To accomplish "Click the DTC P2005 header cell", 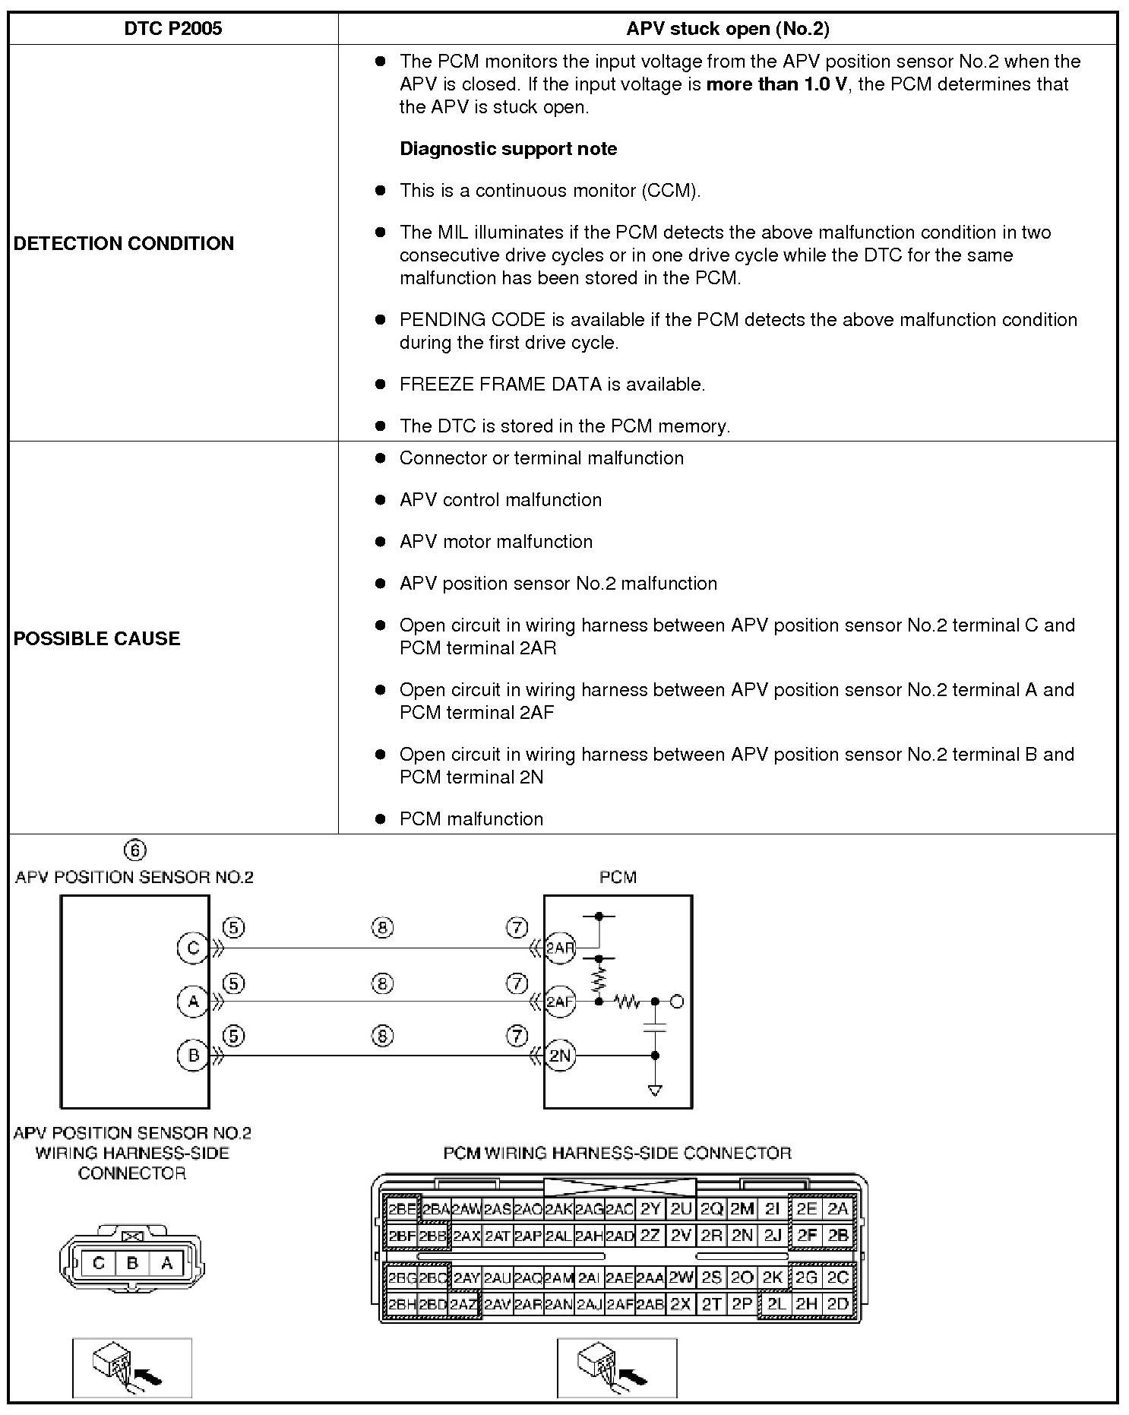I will click(173, 29).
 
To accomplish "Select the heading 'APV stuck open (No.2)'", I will click(727, 29).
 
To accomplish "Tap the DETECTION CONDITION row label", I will click(124, 243).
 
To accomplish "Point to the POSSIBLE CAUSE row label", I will click(97, 638).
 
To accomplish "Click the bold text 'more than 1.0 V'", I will click(776, 84).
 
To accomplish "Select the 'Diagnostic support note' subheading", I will click(508, 149).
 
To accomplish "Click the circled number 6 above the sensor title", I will click(134, 850).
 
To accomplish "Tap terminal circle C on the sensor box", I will click(193, 948).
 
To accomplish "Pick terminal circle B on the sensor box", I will click(193, 1056).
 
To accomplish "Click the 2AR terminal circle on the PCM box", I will click(561, 948).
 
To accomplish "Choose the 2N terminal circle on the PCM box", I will click(561, 1056).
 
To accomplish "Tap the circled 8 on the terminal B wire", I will click(383, 1036).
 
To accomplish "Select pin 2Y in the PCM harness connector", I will click(650, 1209).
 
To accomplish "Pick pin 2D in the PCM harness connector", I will click(837, 1304).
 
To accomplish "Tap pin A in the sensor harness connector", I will click(167, 1264).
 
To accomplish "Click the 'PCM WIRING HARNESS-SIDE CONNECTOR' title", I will click(617, 1154).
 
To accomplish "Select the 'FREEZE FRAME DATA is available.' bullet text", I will click(552, 385).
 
